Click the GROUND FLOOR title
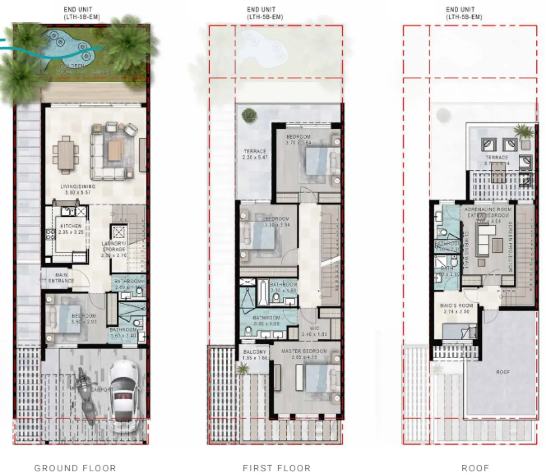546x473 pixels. coord(75,468)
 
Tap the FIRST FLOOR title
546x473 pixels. coord(276,468)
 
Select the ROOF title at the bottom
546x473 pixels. coord(475,468)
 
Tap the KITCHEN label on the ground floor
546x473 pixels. coord(71,226)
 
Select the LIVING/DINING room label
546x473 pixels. coord(78,187)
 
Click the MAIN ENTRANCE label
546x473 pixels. coord(61,278)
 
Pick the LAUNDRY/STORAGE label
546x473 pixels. coord(114,246)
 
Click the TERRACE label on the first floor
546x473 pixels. coord(255,151)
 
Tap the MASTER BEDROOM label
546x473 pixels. coord(304,351)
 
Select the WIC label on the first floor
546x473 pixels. coord(315,328)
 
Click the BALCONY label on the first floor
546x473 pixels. coord(255,352)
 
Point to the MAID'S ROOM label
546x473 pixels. coord(456,306)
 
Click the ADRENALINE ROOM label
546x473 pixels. coord(488,209)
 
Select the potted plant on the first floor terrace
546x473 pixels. coord(249,115)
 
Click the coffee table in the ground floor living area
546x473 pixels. coord(115,150)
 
